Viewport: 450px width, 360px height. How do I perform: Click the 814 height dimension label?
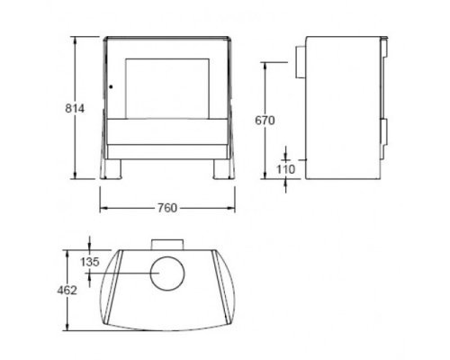pyautogui.click(x=75, y=109)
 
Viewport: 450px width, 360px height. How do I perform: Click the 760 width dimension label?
pyautogui.click(x=167, y=208)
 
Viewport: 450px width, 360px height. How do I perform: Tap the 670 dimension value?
pyautogui.click(x=265, y=121)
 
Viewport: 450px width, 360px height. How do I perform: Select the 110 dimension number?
pyautogui.click(x=285, y=169)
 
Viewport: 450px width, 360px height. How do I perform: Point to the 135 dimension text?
pyautogui.click(x=90, y=262)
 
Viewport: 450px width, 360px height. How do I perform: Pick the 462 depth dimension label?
pyautogui.click(x=67, y=291)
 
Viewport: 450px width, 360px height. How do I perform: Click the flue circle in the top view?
pyautogui.click(x=167, y=274)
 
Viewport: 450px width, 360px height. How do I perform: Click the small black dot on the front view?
pyautogui.click(x=111, y=87)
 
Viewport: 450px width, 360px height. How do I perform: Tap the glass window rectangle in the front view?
pyautogui.click(x=167, y=88)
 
